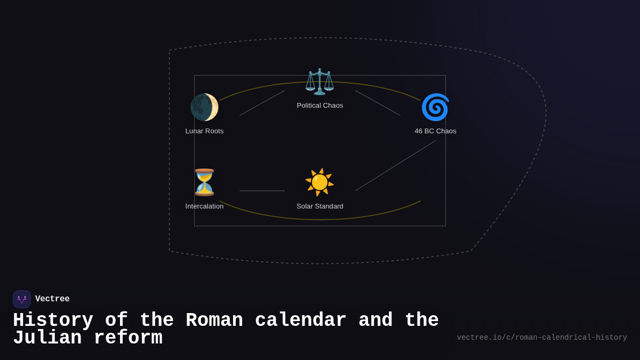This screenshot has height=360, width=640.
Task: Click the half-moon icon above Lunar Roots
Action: (204, 107)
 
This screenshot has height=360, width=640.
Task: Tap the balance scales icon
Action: (319, 82)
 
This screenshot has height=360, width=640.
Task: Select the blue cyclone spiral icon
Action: (435, 107)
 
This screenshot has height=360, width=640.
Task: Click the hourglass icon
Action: (204, 182)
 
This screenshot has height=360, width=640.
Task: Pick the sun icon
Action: (319, 182)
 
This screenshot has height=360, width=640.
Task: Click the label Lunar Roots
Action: (204, 131)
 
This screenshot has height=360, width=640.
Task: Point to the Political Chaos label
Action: (320, 106)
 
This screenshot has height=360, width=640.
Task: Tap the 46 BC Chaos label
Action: (435, 131)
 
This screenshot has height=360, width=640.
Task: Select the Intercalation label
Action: (204, 206)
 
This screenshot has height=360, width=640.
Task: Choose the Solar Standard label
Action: (320, 206)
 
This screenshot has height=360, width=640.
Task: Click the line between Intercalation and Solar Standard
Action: (262, 191)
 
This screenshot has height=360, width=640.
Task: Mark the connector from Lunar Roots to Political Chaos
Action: (262, 103)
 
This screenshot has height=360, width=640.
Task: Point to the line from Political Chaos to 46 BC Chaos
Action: (378, 103)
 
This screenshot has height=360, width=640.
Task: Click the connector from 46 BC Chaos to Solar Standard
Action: (395, 166)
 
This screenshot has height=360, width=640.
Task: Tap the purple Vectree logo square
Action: (22, 299)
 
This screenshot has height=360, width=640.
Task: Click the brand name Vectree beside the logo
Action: (52, 299)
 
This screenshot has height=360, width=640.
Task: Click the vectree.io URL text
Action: (542, 338)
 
